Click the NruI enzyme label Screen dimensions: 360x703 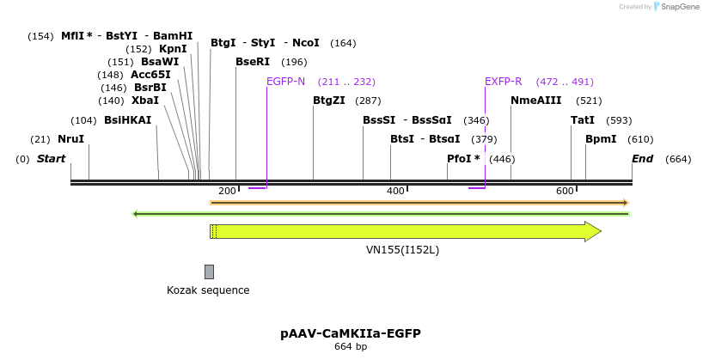click(x=70, y=139)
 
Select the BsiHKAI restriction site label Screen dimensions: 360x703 click(x=127, y=120)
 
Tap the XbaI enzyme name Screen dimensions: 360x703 click(x=144, y=101)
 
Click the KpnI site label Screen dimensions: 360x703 click(x=173, y=49)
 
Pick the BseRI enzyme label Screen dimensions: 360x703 click(x=253, y=62)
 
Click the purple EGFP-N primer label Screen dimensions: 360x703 click(x=285, y=82)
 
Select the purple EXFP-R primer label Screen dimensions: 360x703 click(x=503, y=82)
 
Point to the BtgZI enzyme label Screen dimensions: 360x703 click(x=329, y=101)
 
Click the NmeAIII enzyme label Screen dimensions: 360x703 click(x=535, y=101)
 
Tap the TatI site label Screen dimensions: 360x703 click(x=583, y=120)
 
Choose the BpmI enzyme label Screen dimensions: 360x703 click(x=601, y=139)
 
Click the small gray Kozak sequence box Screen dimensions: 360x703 click(x=209, y=272)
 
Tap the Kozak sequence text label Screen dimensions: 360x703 click(x=208, y=290)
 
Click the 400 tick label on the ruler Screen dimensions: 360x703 click(x=395, y=191)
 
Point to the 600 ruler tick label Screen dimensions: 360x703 click(x=565, y=191)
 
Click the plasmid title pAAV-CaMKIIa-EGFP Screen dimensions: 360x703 click(x=351, y=333)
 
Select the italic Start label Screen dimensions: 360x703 click(x=52, y=159)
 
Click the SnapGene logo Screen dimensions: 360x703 click(x=678, y=7)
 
